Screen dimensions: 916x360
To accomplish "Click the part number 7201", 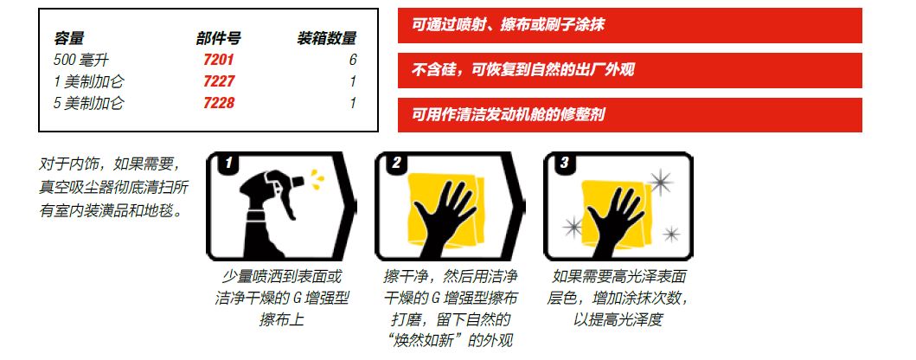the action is click(219, 60).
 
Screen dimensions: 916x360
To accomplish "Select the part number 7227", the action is click(219, 81).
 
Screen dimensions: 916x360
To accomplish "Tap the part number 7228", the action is click(219, 103).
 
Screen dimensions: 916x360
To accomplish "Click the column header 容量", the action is click(69, 39).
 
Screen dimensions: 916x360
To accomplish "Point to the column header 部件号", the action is click(219, 39).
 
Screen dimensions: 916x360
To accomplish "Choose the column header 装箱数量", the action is click(327, 39).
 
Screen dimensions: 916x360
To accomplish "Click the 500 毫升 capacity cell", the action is click(81, 60).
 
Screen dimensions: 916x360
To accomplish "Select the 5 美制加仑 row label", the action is click(89, 103).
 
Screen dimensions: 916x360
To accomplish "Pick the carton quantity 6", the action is click(353, 60).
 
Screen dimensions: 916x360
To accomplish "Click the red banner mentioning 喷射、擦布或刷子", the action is click(630, 25).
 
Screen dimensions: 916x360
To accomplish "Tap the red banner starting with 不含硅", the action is click(630, 70).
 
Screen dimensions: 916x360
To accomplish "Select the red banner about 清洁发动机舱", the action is click(630, 114).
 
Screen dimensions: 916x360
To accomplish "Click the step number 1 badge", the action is click(227, 163).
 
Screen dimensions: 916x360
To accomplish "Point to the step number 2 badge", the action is click(396, 163).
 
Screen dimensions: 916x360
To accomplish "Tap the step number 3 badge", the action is click(564, 163).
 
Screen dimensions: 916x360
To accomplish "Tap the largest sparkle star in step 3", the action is click(661, 183).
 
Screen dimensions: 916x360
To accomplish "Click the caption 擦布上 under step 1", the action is click(282, 319).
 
